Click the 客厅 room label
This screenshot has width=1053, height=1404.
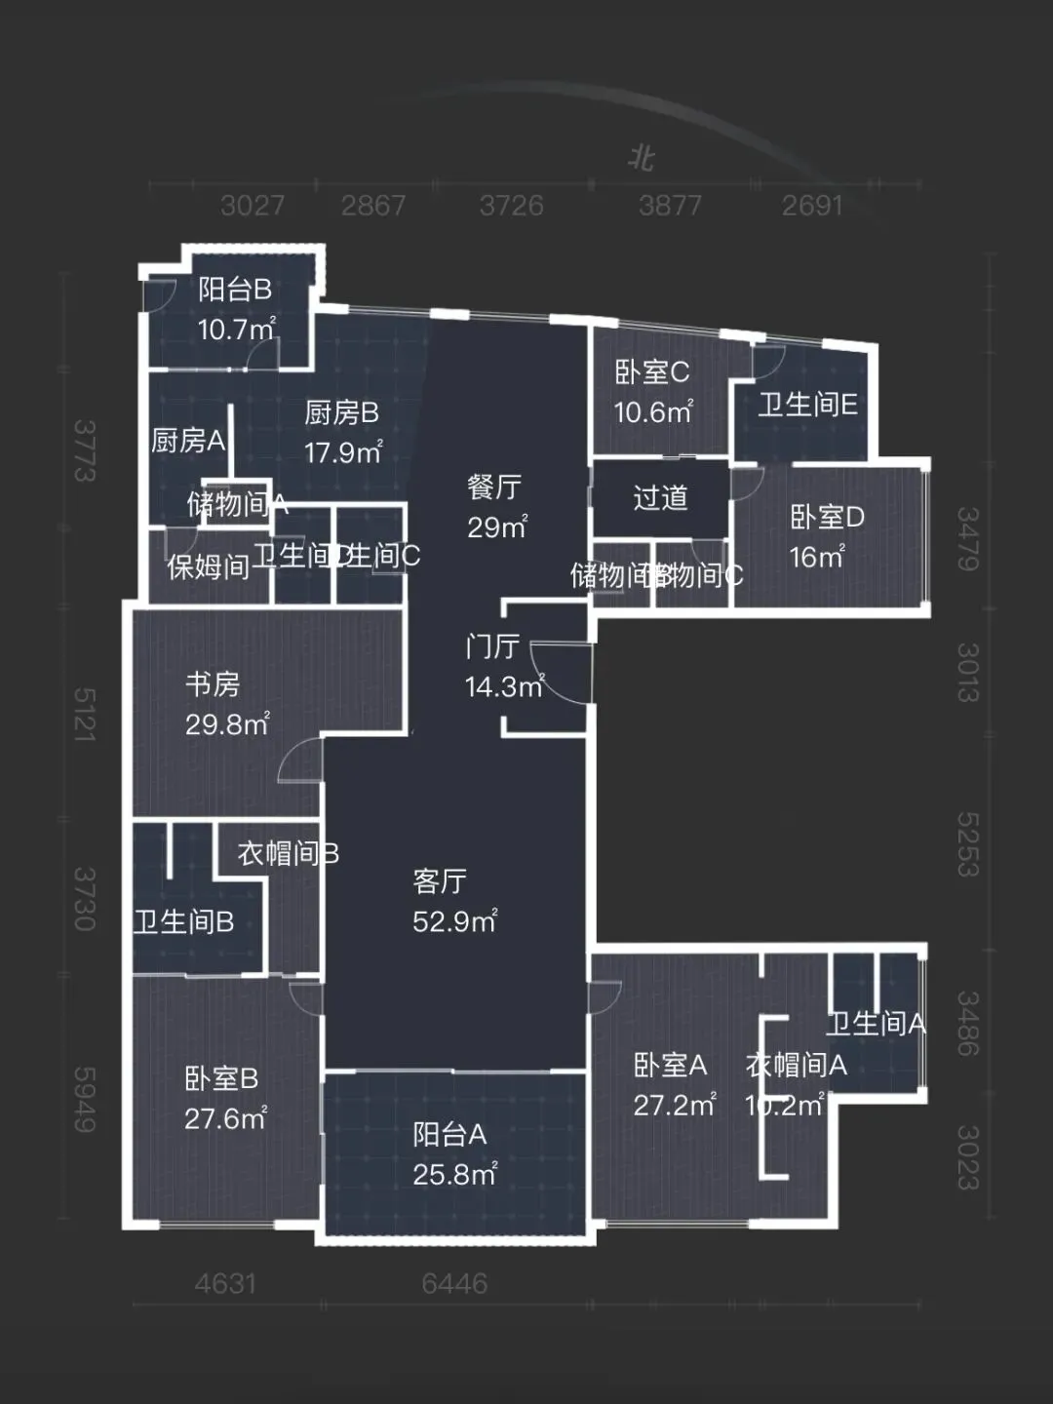440,881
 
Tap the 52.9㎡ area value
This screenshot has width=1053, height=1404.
454,921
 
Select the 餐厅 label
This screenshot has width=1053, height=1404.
494,487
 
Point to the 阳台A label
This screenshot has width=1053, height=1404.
449,1134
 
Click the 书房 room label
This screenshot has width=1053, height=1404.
213,684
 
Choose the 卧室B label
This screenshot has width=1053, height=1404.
221,1078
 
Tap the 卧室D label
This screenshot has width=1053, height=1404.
827,517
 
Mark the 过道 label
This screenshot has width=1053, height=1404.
660,498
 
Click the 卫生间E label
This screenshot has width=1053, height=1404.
807,405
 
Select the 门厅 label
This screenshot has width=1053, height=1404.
492,646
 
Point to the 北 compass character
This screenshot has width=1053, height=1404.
641,158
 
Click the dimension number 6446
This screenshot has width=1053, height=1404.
454,1283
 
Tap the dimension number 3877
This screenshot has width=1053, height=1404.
670,206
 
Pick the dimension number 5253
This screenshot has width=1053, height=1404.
967,844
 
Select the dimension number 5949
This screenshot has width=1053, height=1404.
85,1099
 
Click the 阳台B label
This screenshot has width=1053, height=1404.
234,290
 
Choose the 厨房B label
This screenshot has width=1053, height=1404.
341,413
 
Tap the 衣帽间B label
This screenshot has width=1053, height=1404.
288,854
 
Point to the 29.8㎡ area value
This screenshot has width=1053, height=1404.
227,724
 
